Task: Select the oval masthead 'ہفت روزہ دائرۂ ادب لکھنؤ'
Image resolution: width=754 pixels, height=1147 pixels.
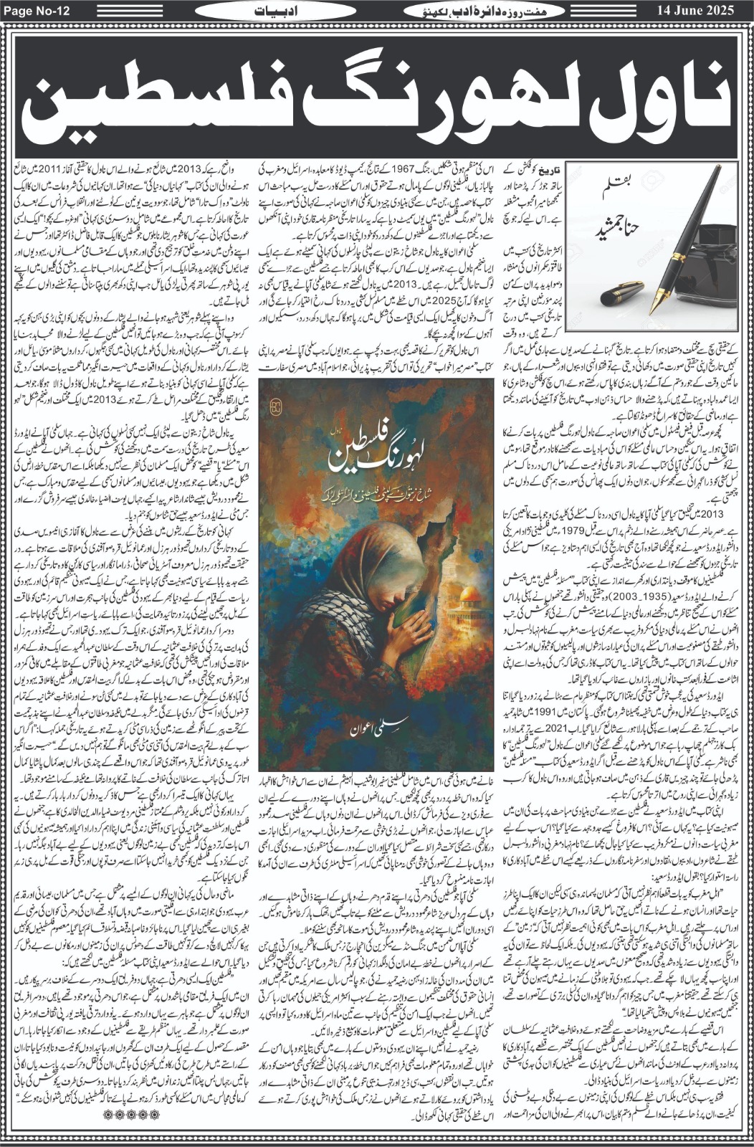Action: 479,11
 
